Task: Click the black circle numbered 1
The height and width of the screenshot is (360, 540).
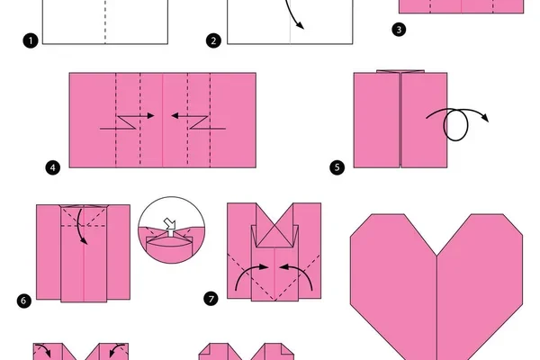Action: click(x=31, y=40)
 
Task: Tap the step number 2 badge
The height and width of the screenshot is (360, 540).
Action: click(x=213, y=40)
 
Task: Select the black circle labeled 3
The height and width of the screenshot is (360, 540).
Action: click(x=399, y=30)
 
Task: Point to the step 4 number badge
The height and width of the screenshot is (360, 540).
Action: click(x=53, y=167)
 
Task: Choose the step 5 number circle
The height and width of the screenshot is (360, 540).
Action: click(x=337, y=167)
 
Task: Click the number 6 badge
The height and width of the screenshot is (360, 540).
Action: click(x=23, y=301)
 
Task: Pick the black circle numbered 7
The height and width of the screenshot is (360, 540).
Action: click(x=211, y=298)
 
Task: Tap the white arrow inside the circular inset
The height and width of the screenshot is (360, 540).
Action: click(x=170, y=226)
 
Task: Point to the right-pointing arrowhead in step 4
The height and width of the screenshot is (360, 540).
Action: click(x=150, y=116)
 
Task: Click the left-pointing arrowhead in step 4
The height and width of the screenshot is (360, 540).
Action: click(x=175, y=116)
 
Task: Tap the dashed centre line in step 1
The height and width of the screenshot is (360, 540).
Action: click(x=105, y=22)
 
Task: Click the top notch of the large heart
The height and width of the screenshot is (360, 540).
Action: click(x=436, y=256)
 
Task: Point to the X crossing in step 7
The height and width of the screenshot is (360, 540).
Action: click(x=274, y=228)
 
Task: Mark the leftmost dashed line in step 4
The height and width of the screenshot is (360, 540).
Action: click(x=116, y=120)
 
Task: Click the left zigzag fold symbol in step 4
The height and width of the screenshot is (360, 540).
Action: click(x=126, y=122)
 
